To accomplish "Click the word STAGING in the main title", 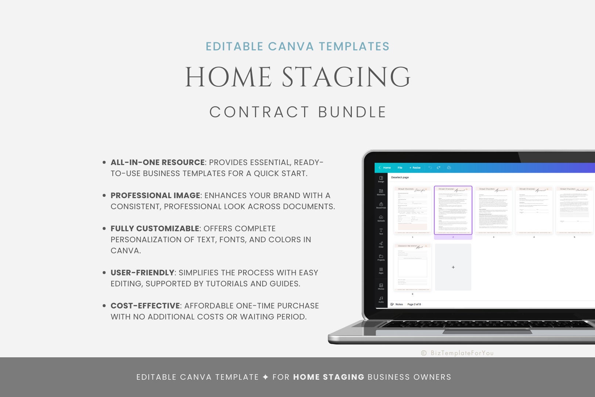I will click(346, 77).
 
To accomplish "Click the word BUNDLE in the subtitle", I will click(352, 112).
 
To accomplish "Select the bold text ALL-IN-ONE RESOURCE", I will click(158, 162).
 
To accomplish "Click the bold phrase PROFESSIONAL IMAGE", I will click(155, 196).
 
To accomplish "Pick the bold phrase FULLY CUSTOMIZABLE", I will click(155, 229).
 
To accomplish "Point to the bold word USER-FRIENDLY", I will click(143, 273).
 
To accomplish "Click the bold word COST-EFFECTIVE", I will click(145, 306).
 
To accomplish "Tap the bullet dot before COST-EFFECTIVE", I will click(104, 306).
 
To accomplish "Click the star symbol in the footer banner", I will click(266, 377).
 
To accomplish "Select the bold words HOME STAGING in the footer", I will click(328, 377).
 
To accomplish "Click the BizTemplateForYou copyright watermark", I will click(458, 353).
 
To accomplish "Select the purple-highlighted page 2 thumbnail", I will click(453, 210).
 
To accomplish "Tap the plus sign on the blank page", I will click(453, 267).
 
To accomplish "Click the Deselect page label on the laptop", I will click(400, 178).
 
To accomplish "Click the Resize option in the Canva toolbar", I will click(416, 168).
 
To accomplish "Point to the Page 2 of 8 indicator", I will click(414, 304).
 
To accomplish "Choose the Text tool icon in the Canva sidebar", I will click(381, 231).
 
